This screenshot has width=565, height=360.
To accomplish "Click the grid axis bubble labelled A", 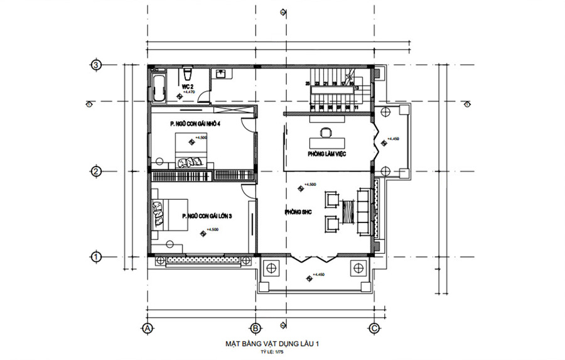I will [148, 327].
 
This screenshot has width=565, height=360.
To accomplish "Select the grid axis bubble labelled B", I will [256, 327].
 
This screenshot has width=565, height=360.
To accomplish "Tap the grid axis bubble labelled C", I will [374, 327].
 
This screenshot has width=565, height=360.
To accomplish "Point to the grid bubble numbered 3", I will [96, 65].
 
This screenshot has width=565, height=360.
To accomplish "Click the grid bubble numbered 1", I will [96, 256].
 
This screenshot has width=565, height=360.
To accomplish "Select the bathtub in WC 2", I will [158, 87].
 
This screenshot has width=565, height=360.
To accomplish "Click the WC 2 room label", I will [188, 85].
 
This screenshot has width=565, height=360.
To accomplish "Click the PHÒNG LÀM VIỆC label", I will [327, 153].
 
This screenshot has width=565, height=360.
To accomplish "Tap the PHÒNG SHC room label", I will [298, 212].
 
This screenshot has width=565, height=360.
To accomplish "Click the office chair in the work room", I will [326, 133].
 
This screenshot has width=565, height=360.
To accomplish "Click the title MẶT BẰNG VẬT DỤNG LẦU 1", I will [276, 344].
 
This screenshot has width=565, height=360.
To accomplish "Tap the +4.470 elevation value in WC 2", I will [189, 92].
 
